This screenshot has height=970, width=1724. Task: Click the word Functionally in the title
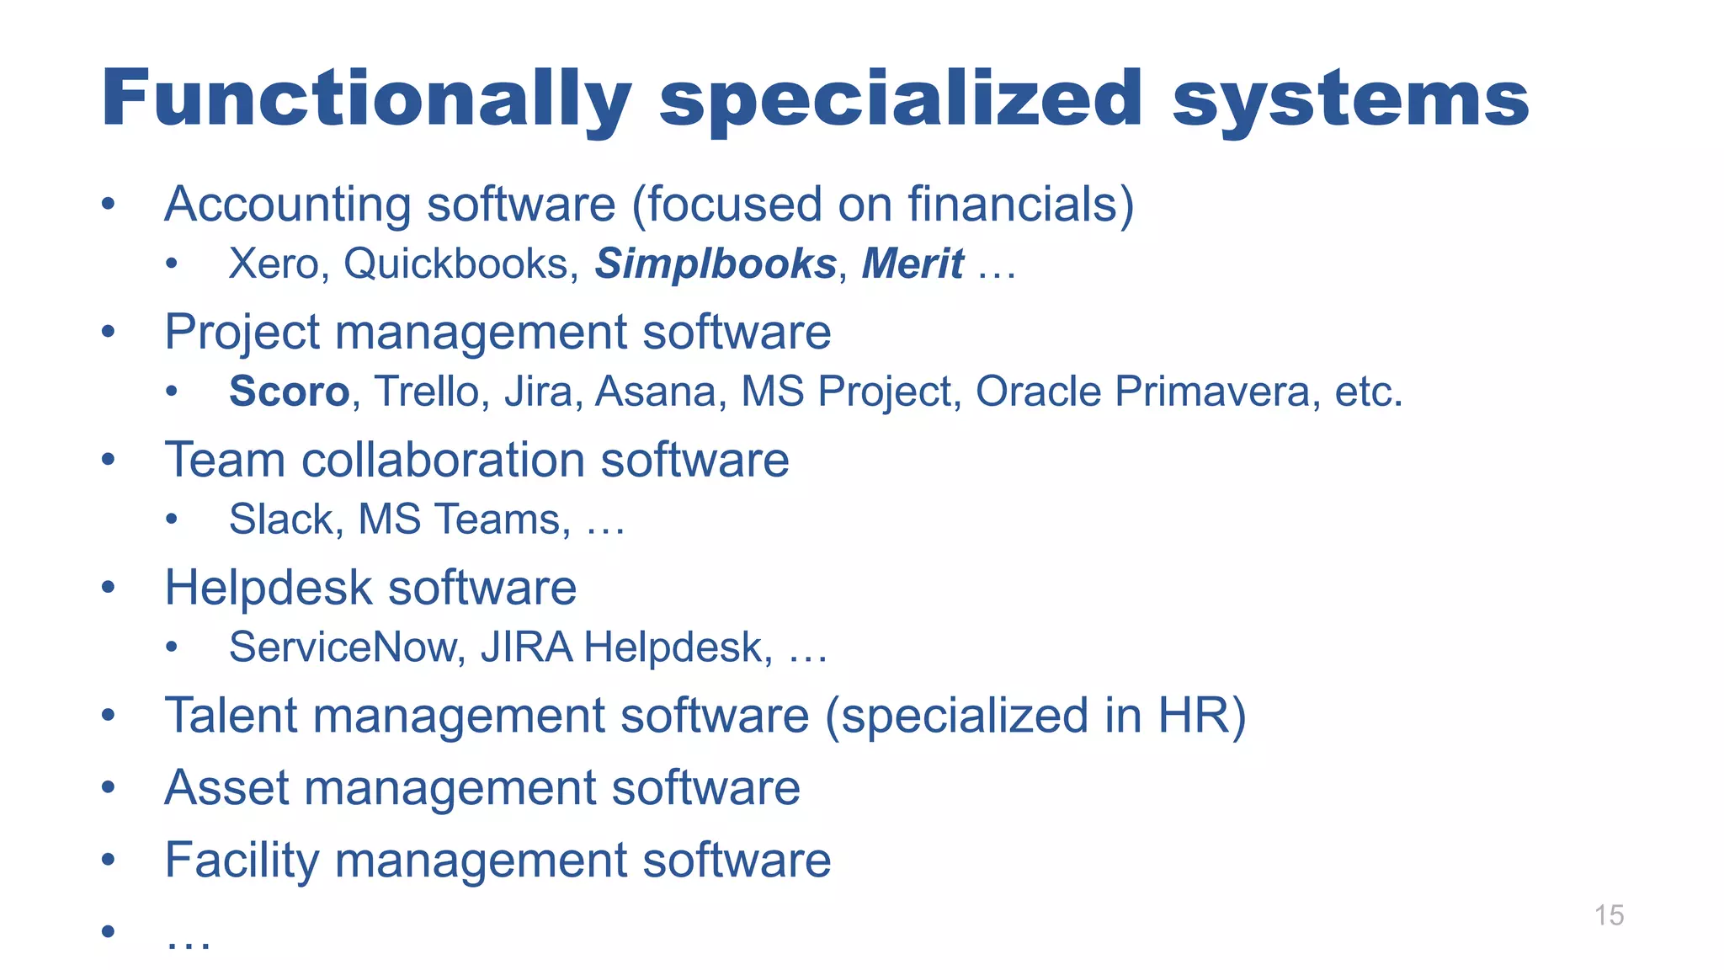point(366,99)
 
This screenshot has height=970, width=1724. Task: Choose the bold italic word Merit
point(913,264)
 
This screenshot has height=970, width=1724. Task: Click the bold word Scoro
point(289,392)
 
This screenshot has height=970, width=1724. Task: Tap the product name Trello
point(426,392)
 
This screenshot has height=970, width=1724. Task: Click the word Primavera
point(1212,392)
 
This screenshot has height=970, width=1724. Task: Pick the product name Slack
point(281,519)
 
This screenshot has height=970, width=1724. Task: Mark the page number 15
point(1609,915)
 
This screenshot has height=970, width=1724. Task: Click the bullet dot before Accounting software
point(108,205)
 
